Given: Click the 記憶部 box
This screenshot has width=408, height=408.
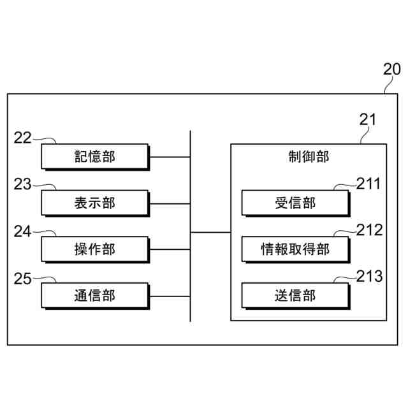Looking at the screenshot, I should click(x=94, y=156).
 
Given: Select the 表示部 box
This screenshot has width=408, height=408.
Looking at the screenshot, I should click(x=94, y=203).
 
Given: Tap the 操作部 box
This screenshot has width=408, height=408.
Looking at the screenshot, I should click(x=94, y=249).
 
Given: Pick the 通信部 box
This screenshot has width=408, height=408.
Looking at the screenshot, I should click(x=94, y=296).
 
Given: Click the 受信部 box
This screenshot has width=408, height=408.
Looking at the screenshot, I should click(x=295, y=203).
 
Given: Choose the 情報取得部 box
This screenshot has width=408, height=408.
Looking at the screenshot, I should click(x=295, y=249).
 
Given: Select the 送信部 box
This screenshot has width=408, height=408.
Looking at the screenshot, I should click(x=295, y=296).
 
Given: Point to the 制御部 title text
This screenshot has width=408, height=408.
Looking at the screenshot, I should click(x=309, y=157).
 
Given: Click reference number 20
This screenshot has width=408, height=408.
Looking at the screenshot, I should click(x=392, y=70).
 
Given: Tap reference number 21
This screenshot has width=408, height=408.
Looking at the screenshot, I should click(x=368, y=119).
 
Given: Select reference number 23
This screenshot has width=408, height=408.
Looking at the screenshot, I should click(x=22, y=184).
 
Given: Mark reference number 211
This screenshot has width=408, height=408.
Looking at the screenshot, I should click(x=368, y=184).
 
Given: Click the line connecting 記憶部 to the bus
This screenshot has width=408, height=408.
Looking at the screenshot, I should click(x=170, y=156).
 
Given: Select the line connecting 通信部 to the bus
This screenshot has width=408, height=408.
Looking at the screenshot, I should click(x=170, y=296).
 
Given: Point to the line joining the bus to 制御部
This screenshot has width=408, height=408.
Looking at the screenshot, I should click(x=210, y=232).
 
